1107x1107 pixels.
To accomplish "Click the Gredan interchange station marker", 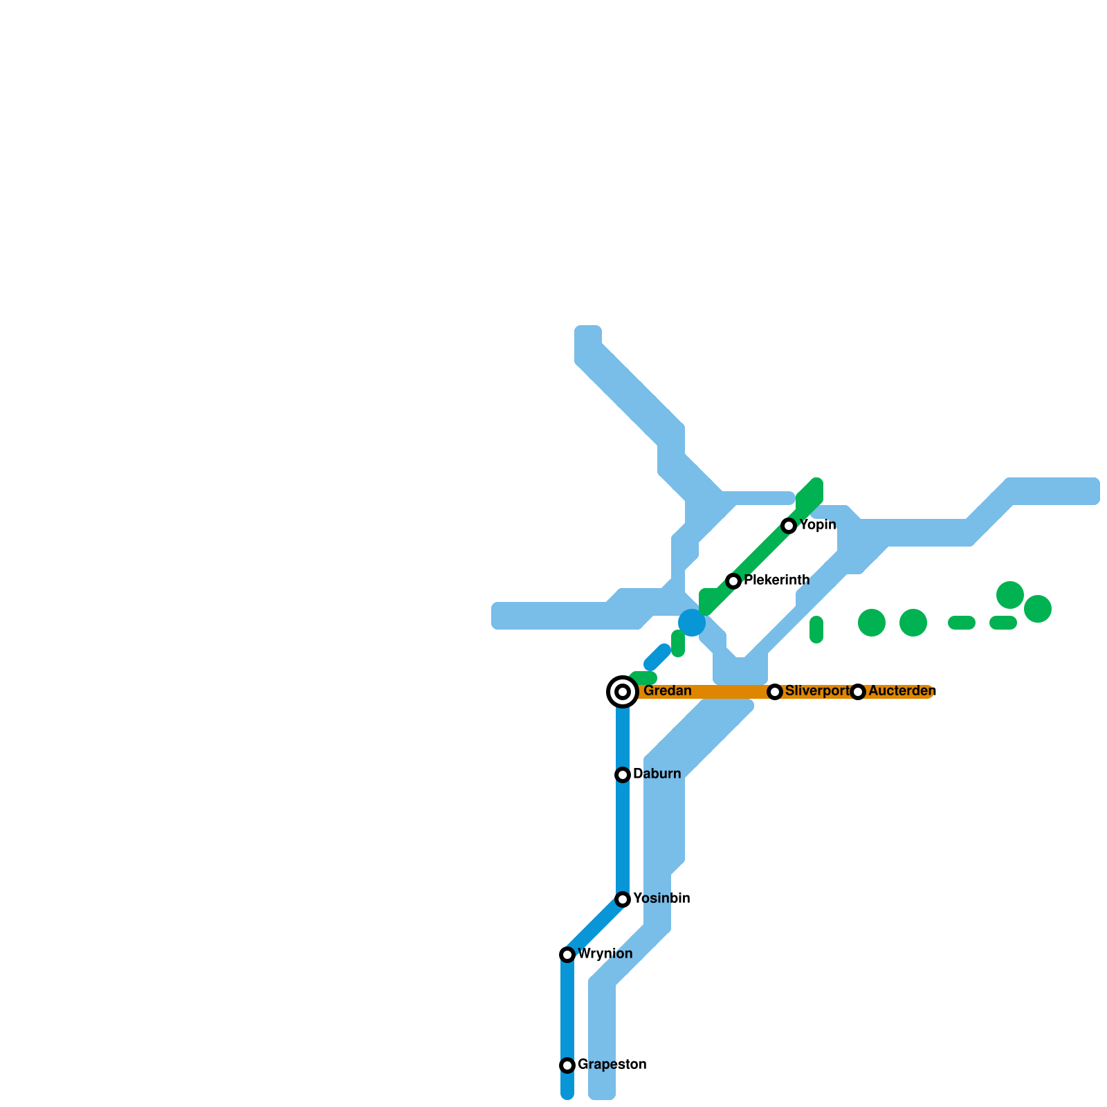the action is click(623, 692).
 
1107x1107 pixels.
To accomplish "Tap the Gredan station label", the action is click(667, 691).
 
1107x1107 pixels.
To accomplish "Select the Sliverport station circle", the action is click(775, 692).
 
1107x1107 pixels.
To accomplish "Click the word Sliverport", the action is click(817, 691).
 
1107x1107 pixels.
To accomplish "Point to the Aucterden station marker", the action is click(858, 692).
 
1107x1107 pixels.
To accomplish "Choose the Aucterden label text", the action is click(902, 691).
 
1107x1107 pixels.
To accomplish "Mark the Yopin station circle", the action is click(789, 526).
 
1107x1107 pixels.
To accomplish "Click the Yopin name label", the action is click(818, 525).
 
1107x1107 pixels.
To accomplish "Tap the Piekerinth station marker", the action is click(733, 581).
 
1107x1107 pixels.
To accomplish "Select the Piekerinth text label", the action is click(776, 580).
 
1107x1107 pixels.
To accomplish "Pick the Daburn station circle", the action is click(623, 775).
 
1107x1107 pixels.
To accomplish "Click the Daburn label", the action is click(657, 774).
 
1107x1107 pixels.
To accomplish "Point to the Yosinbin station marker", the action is click(623, 899).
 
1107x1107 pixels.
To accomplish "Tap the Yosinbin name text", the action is click(661, 899).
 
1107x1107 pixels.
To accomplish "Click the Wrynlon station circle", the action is click(567, 955).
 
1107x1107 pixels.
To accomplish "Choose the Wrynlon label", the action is click(605, 954).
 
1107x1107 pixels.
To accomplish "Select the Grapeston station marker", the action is click(567, 1065).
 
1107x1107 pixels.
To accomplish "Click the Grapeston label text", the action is click(612, 1064).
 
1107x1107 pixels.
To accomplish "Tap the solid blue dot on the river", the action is click(692, 623).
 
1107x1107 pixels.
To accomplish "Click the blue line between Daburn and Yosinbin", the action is click(623, 837).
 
